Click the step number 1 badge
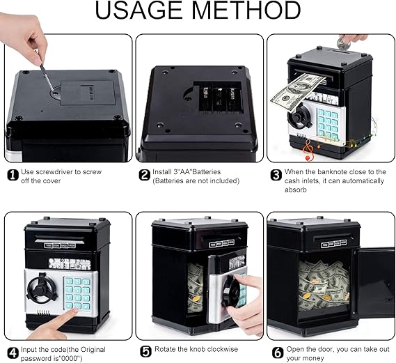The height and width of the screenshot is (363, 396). (13, 175)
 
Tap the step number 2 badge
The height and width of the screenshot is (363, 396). (145, 175)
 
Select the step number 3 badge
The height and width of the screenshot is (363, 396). (276, 175)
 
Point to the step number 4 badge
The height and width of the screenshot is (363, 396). (13, 353)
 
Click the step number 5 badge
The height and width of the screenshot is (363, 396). (145, 352)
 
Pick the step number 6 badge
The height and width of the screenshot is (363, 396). (278, 353)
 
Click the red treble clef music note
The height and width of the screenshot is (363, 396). (309, 150)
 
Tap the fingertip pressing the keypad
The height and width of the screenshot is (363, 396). (73, 312)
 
